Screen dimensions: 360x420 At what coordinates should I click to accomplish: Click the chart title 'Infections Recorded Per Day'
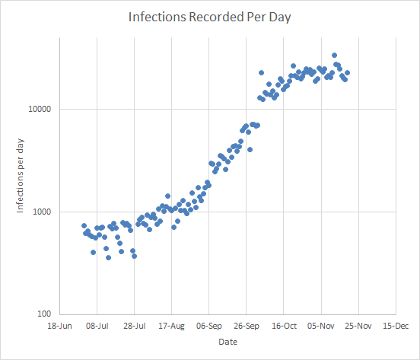[210, 16]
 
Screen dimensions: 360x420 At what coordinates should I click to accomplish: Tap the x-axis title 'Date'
[228, 342]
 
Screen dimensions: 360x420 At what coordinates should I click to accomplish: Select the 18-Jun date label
[60, 326]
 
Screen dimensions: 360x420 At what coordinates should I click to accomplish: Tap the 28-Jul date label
[135, 326]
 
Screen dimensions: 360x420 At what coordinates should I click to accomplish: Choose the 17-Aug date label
[172, 326]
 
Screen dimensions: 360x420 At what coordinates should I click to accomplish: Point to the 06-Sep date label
[209, 326]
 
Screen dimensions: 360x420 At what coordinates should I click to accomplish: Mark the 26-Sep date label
[247, 326]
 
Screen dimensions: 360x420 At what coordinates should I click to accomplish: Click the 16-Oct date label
[284, 326]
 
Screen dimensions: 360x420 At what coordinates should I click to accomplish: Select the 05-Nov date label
[321, 326]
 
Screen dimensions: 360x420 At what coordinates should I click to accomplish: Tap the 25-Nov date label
[358, 326]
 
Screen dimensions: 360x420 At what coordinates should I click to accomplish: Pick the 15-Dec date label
[396, 326]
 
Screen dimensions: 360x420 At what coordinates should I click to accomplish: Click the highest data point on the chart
[334, 56]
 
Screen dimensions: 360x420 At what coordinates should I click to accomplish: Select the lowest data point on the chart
[108, 257]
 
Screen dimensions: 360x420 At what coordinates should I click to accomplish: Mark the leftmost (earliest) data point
[84, 225]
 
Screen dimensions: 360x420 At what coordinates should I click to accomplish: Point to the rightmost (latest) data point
[347, 73]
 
